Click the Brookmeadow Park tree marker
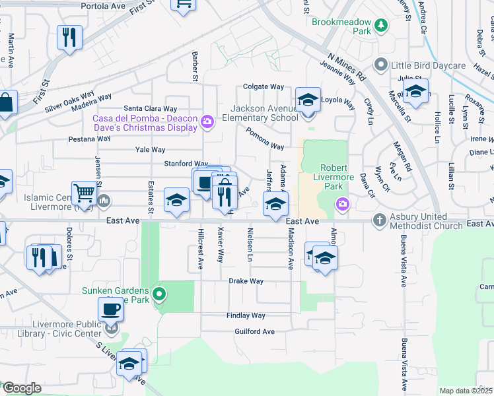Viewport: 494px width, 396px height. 380,26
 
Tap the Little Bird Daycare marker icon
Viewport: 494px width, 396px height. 380,65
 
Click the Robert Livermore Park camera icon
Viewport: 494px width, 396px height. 342,204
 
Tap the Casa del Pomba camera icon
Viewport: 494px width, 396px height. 207,121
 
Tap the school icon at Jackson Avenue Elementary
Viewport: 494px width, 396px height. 308,100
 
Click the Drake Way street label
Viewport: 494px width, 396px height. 246,281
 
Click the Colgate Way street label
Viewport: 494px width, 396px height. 263,86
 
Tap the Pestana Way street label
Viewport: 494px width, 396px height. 90,139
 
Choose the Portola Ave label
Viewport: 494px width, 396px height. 103,6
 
